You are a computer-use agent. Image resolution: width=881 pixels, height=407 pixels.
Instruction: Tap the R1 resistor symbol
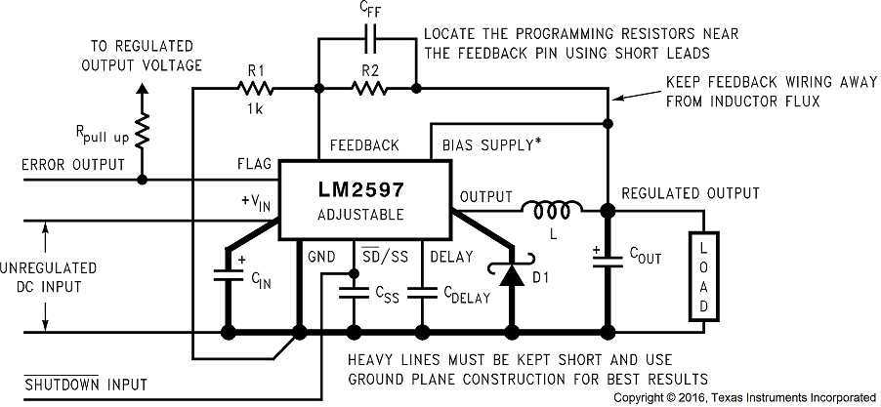click(x=255, y=88)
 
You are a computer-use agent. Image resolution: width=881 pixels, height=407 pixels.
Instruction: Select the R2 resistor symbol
click(x=368, y=88)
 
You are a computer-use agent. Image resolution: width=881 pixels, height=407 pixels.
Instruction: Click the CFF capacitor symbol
click(x=368, y=42)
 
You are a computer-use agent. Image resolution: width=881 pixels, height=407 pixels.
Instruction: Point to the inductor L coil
click(x=552, y=208)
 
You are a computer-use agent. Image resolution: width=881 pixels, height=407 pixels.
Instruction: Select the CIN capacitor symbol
click(x=229, y=276)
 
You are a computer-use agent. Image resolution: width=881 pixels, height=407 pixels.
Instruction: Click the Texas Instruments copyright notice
click(x=744, y=397)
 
